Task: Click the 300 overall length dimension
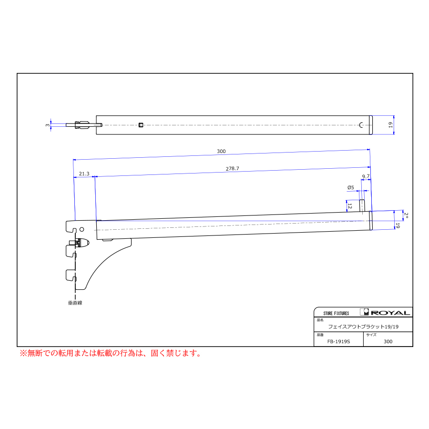coord(221,151)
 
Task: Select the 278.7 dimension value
coord(232,169)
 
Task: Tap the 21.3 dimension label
coord(84,174)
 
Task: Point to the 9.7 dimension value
coord(366,176)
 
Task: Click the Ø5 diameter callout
coord(350,187)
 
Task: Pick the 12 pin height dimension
coord(350,206)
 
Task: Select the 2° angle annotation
coord(406,215)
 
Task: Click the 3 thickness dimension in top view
coord(48,125)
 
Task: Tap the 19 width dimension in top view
coord(390,125)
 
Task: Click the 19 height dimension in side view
coord(398,226)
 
